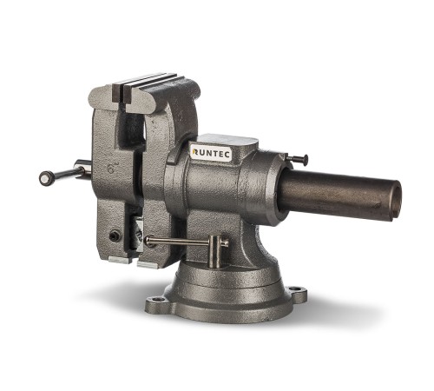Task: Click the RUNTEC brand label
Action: point(212,152)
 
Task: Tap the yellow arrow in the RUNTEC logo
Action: point(195,152)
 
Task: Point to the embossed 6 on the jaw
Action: point(111,169)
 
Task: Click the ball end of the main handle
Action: point(47,178)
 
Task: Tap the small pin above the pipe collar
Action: point(297,158)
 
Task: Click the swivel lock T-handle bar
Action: point(187,241)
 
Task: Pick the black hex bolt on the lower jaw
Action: point(115,236)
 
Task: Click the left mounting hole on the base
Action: point(157,299)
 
